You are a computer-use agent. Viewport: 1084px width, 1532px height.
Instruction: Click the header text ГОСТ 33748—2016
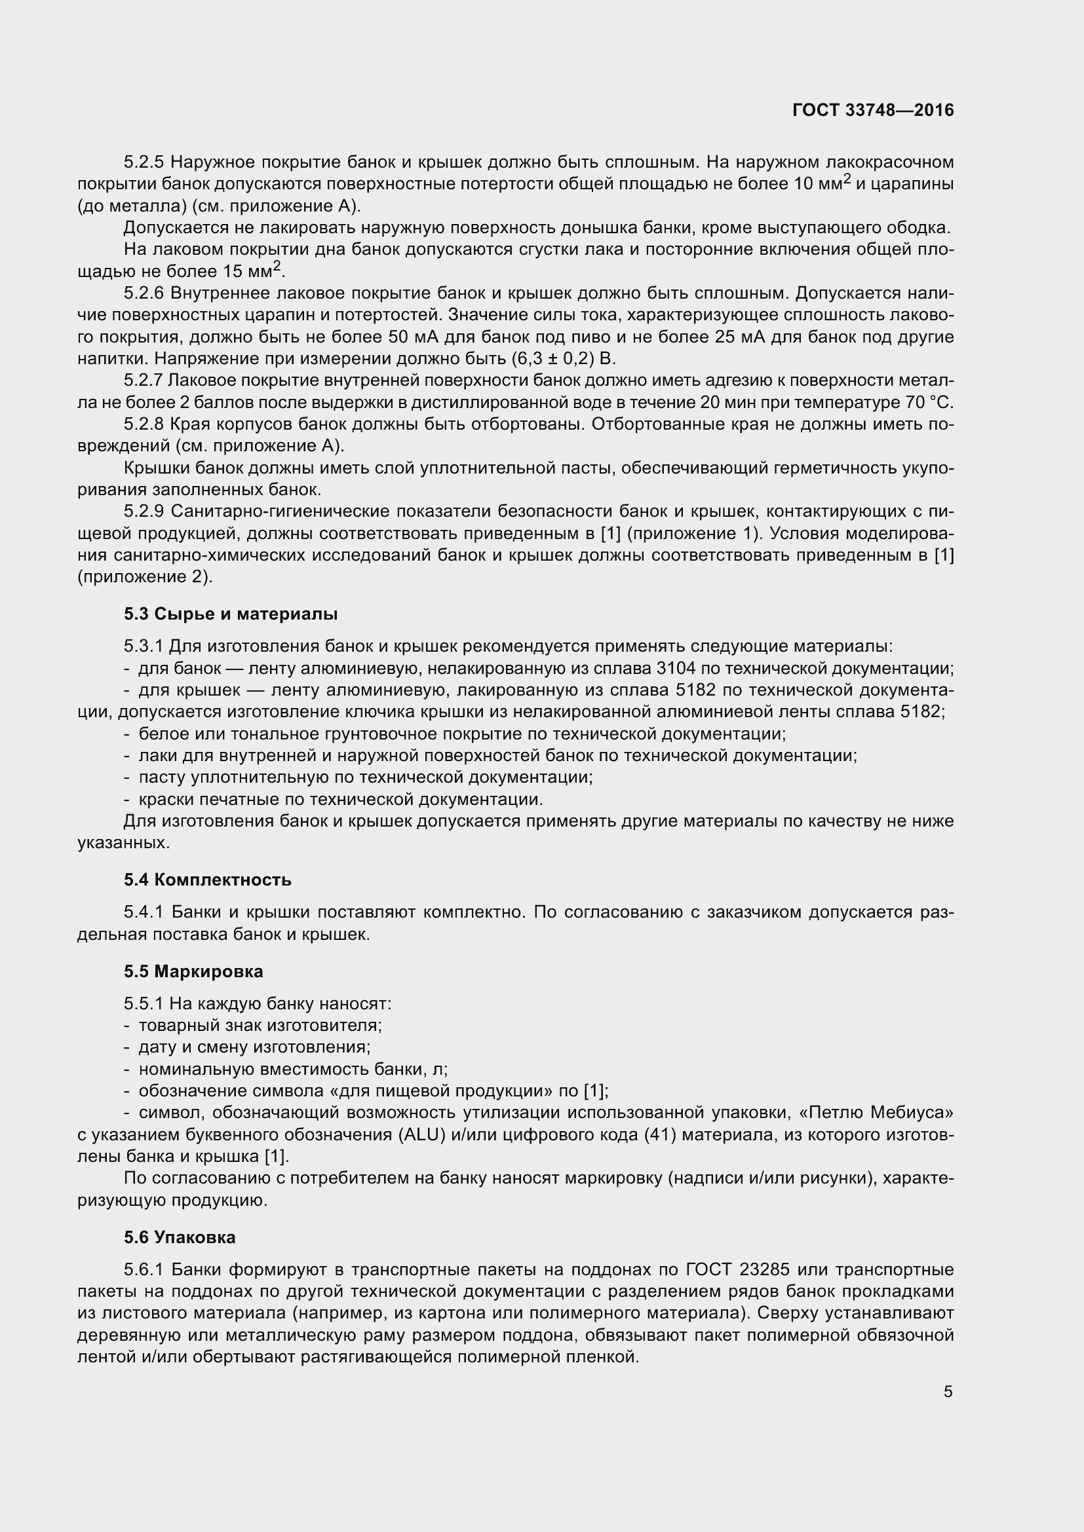coord(873,110)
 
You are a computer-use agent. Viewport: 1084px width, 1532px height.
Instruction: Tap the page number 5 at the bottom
coord(948,1392)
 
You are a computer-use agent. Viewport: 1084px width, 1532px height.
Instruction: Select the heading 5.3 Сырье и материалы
coord(230,614)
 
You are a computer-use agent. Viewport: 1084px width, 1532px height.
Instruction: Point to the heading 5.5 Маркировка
coord(193,971)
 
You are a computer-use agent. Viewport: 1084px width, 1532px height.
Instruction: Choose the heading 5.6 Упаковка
coord(180,1237)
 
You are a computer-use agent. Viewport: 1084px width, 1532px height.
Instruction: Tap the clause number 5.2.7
coord(143,381)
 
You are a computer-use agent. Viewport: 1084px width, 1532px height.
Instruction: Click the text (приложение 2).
coord(145,577)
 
